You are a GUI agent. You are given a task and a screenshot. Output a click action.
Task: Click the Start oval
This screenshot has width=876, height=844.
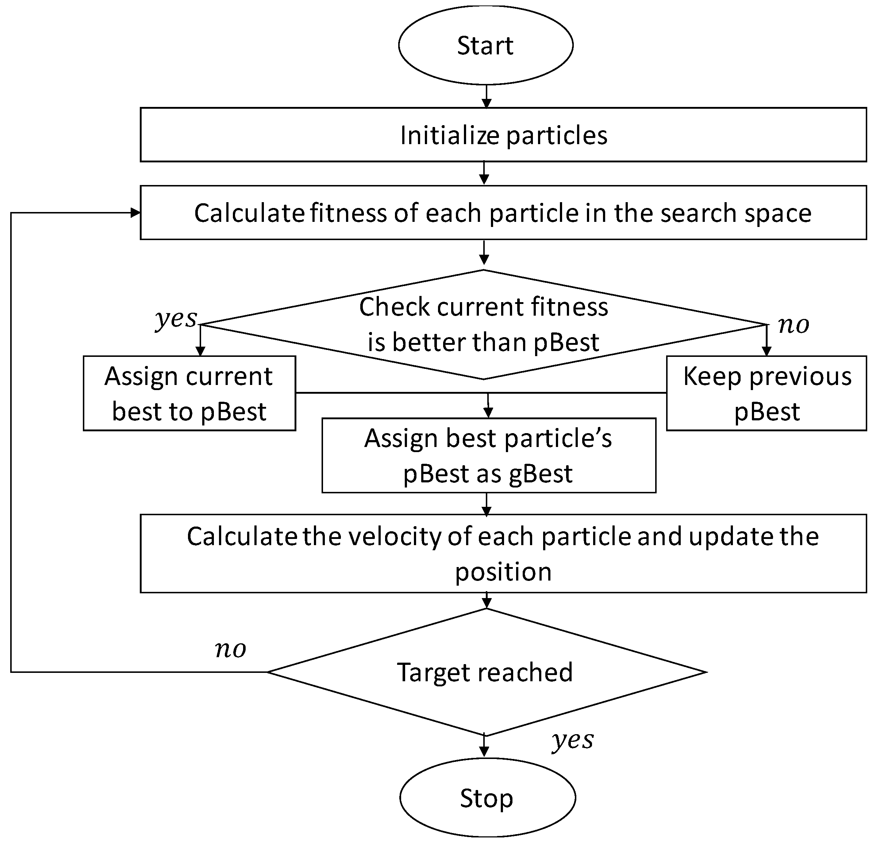point(485,45)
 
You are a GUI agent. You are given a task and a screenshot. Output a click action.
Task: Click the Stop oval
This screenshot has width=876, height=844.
point(487,798)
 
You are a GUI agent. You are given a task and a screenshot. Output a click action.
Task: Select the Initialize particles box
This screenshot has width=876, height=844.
point(503,135)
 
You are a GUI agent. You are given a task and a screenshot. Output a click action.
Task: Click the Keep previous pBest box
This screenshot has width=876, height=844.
point(766,393)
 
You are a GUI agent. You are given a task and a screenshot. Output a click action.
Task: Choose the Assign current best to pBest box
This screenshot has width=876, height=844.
point(189,393)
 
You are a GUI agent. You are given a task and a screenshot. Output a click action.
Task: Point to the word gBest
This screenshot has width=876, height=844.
point(541,474)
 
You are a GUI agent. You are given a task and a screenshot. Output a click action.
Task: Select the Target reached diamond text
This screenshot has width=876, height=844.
point(485,672)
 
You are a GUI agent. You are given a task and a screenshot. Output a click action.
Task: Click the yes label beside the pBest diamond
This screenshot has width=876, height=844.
point(176,319)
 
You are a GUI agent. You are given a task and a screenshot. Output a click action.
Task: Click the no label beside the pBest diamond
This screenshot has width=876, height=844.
point(793,325)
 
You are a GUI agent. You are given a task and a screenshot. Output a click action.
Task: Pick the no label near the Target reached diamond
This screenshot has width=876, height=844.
point(230,649)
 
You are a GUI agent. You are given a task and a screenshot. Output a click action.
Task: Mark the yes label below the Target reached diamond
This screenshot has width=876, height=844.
point(573,740)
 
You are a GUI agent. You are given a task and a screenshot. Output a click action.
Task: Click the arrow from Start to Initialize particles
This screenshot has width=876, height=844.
point(487,96)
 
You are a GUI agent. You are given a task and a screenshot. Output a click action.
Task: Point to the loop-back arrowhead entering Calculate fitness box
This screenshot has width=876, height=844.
point(135,213)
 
